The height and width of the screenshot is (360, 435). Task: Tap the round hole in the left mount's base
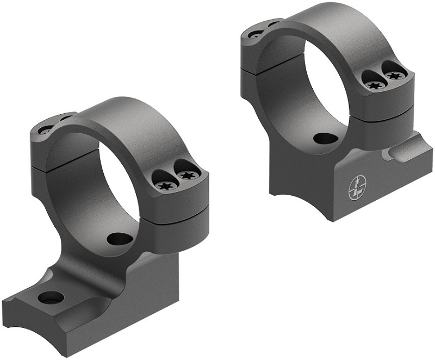(x=51, y=297)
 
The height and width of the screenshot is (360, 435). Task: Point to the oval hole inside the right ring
(x=326, y=139)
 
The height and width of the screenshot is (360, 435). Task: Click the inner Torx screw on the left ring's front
(x=164, y=185)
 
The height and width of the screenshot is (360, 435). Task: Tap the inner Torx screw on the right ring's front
(x=374, y=85)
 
